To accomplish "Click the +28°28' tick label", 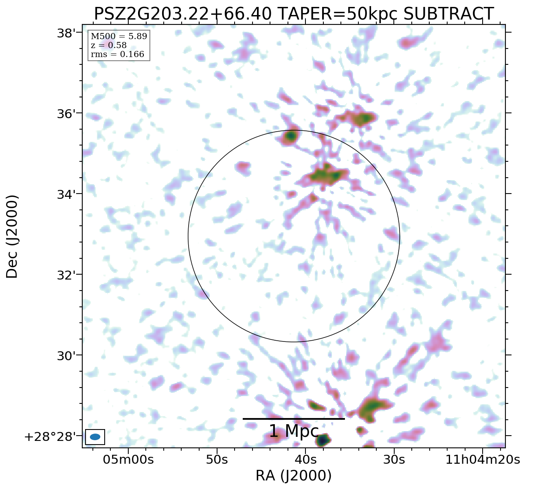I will [x=50, y=437].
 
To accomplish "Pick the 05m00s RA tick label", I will [x=128, y=460].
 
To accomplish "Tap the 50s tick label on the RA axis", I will [x=217, y=460].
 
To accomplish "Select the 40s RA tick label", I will [x=305, y=460].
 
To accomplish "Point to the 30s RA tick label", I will [x=394, y=460].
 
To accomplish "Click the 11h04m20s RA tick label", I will [x=483, y=460].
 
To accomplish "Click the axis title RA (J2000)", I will [x=294, y=476].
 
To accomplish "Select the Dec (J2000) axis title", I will [x=12, y=236].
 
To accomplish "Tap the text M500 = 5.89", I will [x=119, y=37].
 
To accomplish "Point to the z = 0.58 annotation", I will [x=109, y=45].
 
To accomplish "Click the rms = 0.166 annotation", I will [x=117, y=54].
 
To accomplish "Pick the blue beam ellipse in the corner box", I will [x=95, y=437].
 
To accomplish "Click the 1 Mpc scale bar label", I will [x=294, y=431].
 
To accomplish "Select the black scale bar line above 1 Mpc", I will [x=294, y=419].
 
